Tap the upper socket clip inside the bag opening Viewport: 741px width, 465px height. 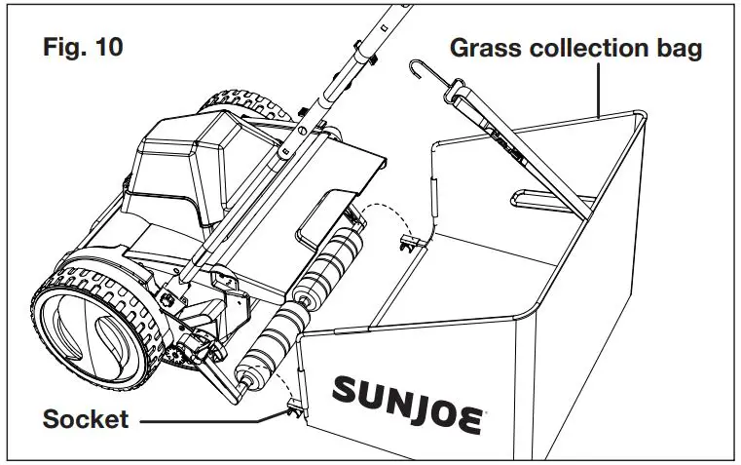411,240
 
